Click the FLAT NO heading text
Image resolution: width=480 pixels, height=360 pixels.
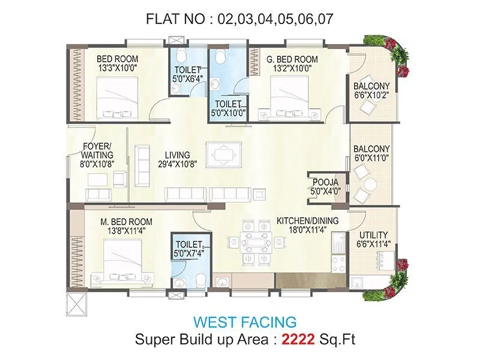239,19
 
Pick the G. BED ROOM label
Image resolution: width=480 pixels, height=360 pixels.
292,59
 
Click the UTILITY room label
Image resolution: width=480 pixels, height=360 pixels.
373,235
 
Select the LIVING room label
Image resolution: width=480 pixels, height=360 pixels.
179,154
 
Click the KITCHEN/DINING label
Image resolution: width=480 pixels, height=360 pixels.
307,221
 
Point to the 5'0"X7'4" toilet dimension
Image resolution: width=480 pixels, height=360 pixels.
188,253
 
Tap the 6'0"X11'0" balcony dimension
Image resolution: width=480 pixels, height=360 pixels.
371,158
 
